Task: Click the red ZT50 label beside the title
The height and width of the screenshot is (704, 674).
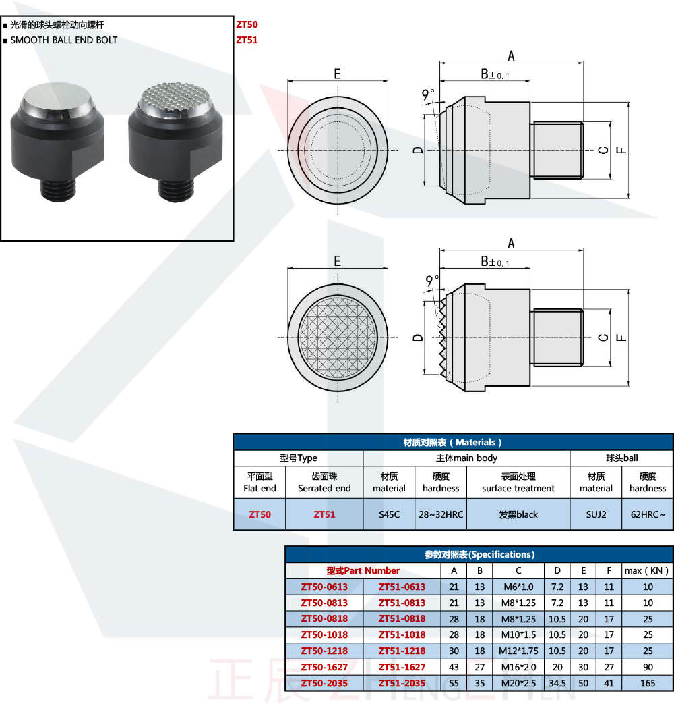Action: tap(247, 25)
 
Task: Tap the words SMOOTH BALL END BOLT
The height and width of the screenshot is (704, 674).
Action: tap(63, 40)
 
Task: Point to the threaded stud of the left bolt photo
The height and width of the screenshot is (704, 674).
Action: tap(58, 190)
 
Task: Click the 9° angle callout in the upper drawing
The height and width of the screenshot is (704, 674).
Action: tap(428, 94)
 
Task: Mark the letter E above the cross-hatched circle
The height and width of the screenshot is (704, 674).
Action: tap(337, 261)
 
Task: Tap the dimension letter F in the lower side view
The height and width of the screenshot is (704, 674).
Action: tap(621, 337)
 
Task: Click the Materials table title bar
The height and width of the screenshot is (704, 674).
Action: tap(453, 442)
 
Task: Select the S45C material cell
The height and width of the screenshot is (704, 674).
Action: tap(389, 514)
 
